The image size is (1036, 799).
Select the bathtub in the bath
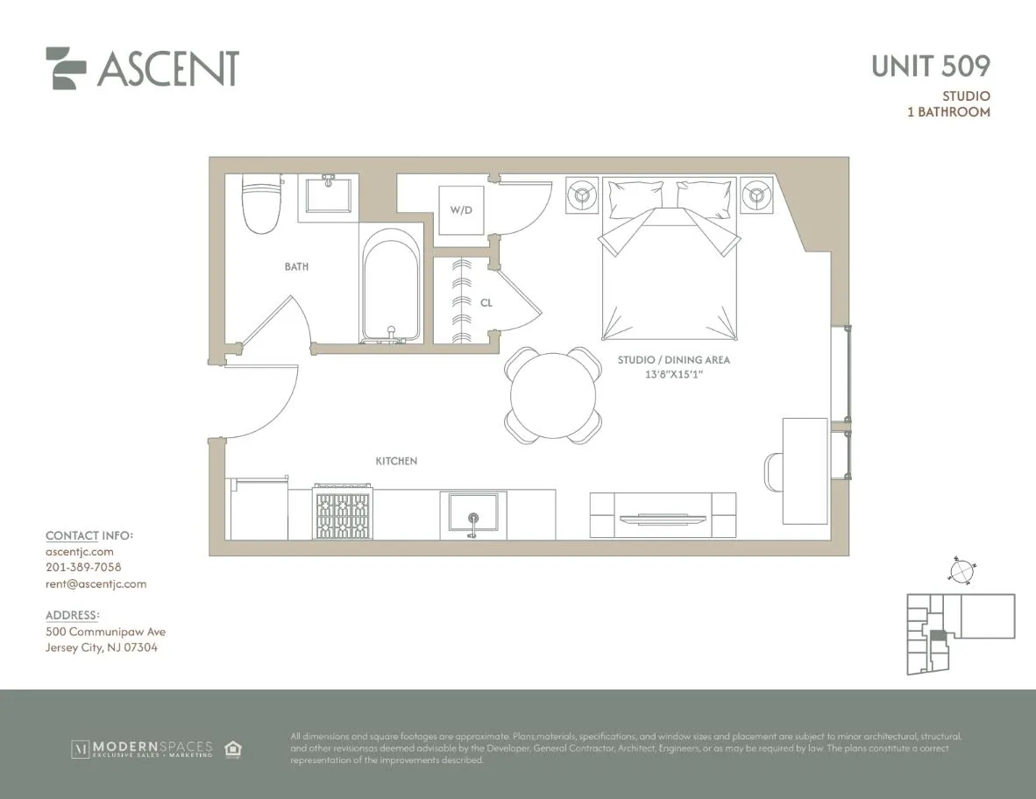point(391,286)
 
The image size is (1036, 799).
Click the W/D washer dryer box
point(461,210)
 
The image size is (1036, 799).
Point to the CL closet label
point(486,302)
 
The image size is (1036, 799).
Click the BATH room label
point(296,266)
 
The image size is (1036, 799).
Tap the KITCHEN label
point(396,461)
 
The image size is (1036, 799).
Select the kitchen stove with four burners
point(344,515)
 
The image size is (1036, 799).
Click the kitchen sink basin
point(473,513)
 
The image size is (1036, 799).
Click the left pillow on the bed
point(635,198)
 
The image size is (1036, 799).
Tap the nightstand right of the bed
point(756,195)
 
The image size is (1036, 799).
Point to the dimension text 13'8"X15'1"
point(674,375)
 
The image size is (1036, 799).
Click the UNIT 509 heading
point(931,66)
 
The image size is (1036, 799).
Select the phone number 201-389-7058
point(83,568)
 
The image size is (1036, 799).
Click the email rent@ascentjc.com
point(96,583)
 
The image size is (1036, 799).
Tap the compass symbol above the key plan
point(961,570)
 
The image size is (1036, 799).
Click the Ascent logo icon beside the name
point(67,68)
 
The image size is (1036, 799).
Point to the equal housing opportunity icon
point(233,749)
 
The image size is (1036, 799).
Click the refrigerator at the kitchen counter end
point(259,509)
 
